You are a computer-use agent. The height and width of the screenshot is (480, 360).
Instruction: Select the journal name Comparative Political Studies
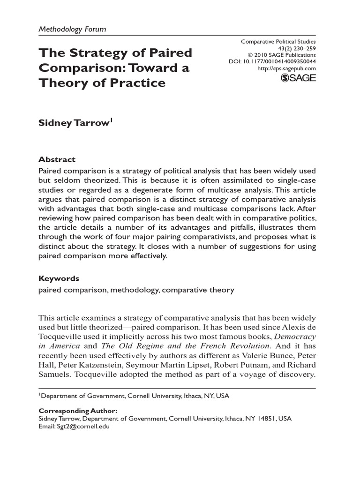278,42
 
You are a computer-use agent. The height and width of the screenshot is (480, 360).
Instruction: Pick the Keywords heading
59,278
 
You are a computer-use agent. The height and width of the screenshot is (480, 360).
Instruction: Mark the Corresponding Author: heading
77,411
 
